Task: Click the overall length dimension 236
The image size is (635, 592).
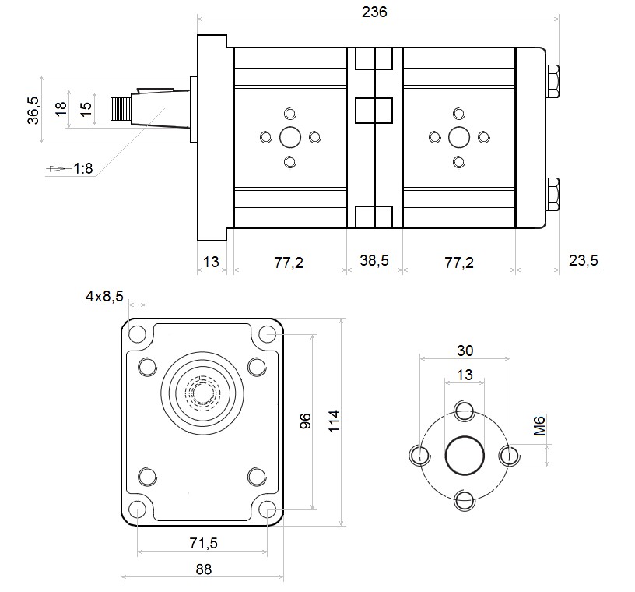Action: (374, 12)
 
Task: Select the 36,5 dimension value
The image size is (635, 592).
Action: (33, 110)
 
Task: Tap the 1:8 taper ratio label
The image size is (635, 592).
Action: (83, 168)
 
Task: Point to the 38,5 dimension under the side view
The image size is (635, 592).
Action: (374, 261)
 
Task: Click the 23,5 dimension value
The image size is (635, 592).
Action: (583, 261)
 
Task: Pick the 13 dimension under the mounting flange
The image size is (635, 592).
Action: (210, 261)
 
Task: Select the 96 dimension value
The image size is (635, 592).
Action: (306, 421)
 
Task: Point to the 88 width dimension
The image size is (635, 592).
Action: (203, 569)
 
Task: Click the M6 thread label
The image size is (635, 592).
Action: (539, 427)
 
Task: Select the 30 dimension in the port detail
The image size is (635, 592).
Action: (465, 351)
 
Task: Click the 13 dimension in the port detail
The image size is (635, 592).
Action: (465, 375)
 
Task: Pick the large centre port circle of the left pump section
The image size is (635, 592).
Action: (290, 138)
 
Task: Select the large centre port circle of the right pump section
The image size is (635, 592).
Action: (459, 138)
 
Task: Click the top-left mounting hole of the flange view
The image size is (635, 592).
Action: (138, 336)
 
